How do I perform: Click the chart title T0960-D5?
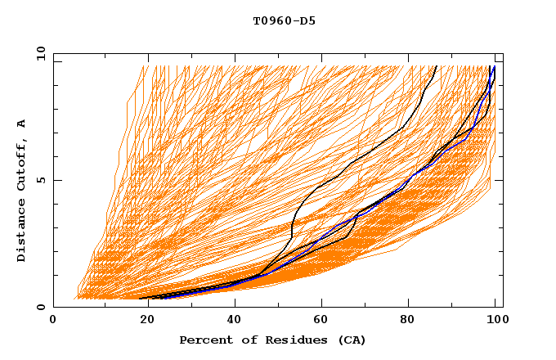click(284, 21)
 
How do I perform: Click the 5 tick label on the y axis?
click(41, 180)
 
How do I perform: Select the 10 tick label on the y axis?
click(38, 53)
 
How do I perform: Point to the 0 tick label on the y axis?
click(41, 307)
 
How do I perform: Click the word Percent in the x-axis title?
click(204, 340)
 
